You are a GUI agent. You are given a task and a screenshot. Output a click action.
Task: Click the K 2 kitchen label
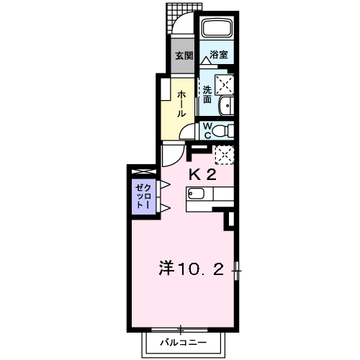pos(202,174)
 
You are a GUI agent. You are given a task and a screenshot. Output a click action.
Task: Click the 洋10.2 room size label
pos(191,270)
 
